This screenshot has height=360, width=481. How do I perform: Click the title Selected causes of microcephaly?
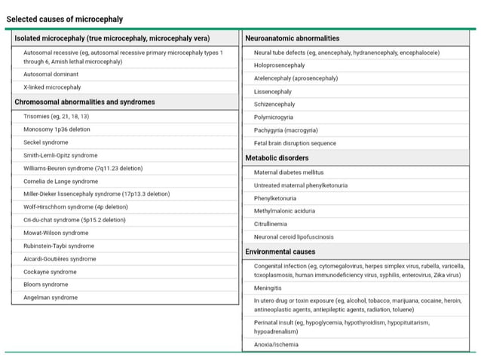tap(65, 19)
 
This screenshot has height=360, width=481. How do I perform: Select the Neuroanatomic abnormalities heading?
tap(292, 38)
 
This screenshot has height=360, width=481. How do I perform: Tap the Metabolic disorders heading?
tap(277, 158)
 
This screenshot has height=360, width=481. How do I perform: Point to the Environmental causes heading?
tap(280, 251)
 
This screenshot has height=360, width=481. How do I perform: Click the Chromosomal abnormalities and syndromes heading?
tap(84, 102)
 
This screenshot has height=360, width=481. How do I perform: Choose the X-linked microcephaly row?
tap(52, 87)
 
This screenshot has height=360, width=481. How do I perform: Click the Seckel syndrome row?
tap(46, 142)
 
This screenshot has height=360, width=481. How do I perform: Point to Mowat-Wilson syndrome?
tap(56, 233)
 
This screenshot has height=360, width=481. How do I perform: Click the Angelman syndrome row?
tap(51, 297)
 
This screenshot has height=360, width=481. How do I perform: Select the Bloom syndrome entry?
tap(46, 285)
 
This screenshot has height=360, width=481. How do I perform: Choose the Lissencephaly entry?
tap(273, 91)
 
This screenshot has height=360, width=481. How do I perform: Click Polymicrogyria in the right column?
tap(274, 117)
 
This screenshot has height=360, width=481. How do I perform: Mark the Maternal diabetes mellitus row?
tap(289, 172)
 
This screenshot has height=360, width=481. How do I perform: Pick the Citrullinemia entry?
tap(274, 224)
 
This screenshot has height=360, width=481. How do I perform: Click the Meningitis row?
tap(268, 288)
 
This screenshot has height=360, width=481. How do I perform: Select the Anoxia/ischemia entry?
tap(276, 344)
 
